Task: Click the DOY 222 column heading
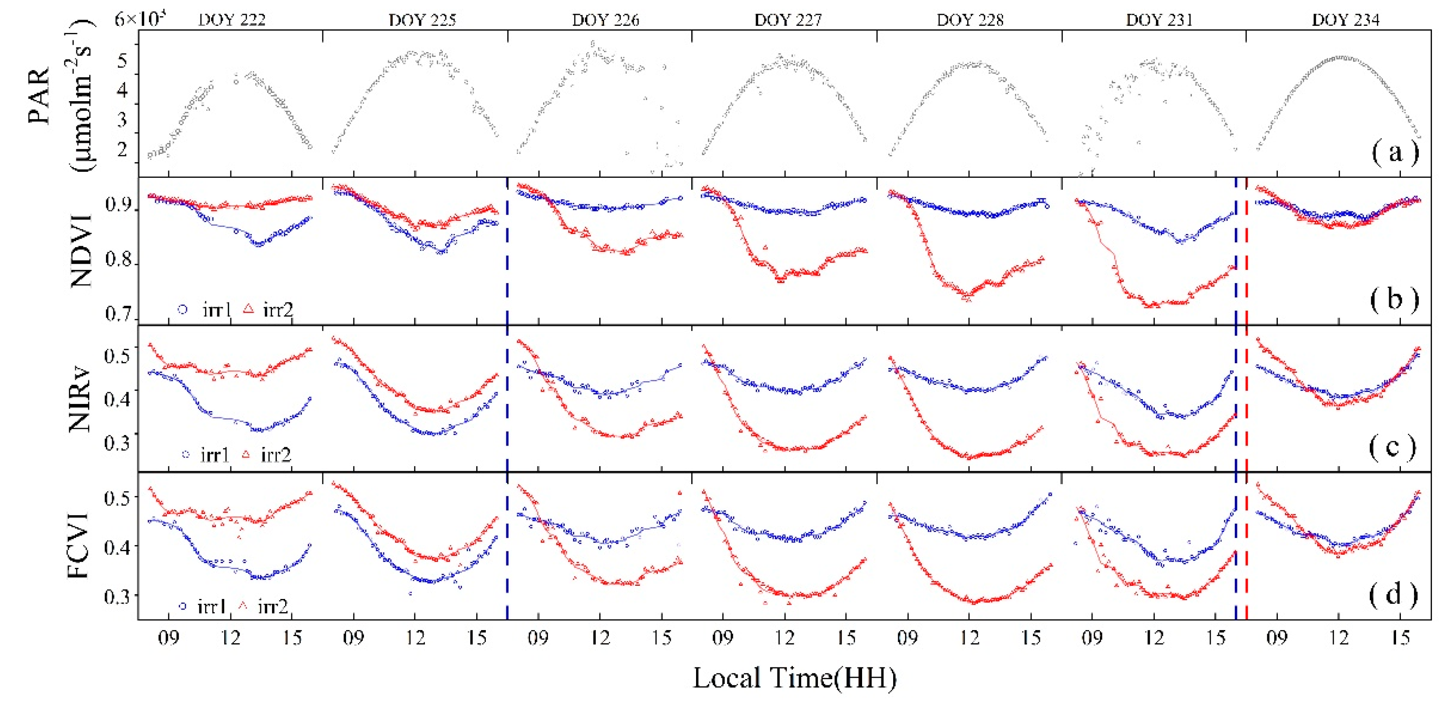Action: [x=231, y=20]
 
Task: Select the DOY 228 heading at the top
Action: [x=970, y=20]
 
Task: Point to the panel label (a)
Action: [x=1394, y=152]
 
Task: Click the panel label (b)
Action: [x=1394, y=300]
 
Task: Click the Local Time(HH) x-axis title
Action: [x=794, y=678]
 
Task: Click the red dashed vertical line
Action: [x=1247, y=393]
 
